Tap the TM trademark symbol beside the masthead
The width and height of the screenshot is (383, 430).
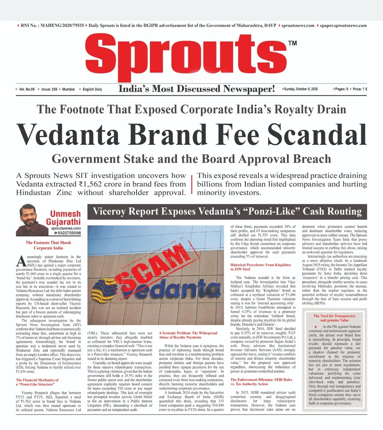click(292, 43)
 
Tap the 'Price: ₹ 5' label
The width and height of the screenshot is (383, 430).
click(360, 89)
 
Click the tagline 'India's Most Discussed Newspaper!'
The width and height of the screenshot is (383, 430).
click(197, 89)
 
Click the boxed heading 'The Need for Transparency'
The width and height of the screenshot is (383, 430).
click(334, 316)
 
